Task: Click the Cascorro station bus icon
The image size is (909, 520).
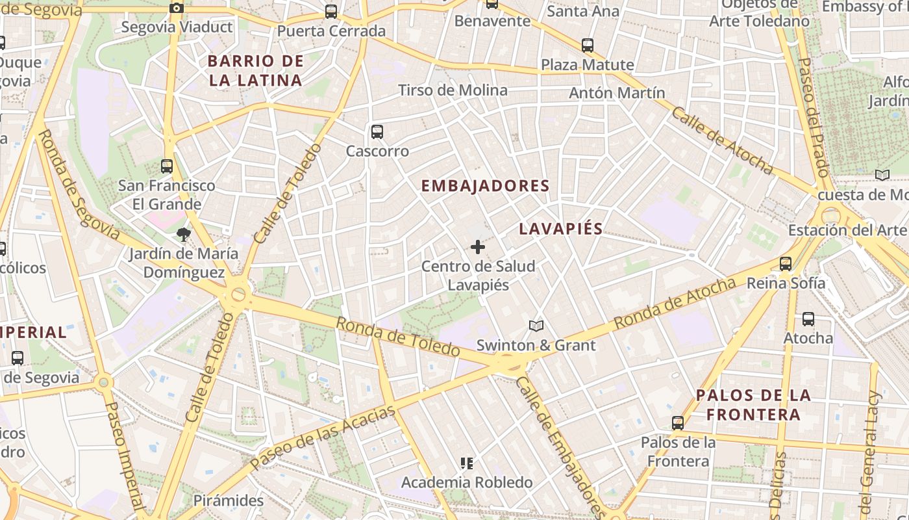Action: pos(377,132)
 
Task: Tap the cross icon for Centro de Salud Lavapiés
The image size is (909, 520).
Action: pos(478,247)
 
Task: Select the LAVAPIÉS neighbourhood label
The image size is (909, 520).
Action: pos(561,229)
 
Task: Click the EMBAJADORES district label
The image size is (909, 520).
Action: pos(485,186)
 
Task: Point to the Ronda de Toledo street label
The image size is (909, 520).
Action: pos(398,336)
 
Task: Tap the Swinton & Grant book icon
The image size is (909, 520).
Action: pos(536,326)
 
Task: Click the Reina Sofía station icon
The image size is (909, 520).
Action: pos(786,263)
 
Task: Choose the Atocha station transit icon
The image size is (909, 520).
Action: pos(808,319)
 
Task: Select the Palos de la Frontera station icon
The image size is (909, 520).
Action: pos(678,423)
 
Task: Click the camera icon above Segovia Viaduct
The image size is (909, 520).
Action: pos(176,8)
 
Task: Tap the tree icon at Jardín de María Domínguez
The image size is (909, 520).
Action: pos(184,234)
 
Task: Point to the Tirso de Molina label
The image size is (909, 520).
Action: pos(453,90)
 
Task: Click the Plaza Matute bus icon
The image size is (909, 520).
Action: pos(588,45)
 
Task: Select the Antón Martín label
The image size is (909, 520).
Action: pos(617,93)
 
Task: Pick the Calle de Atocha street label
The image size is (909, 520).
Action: pos(722,140)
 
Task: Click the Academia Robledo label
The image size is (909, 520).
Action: pos(467,482)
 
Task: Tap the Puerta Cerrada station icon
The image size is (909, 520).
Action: pos(331,12)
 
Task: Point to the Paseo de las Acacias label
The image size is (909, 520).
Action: pos(323,437)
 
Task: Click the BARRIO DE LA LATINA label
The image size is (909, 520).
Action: pos(255,71)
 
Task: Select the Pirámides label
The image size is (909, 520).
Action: pos(229,500)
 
